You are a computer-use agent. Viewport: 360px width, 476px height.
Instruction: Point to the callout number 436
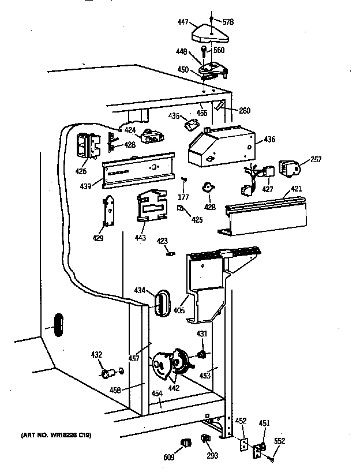click(269, 139)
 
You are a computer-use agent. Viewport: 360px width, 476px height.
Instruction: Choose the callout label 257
click(316, 159)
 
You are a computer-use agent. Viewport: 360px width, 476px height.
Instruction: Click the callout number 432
click(97, 355)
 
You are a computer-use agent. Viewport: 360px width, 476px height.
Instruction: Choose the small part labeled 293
click(205, 441)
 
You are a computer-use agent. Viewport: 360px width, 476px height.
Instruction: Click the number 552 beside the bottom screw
click(279, 442)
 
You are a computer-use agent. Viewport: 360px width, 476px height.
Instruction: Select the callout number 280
click(244, 111)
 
